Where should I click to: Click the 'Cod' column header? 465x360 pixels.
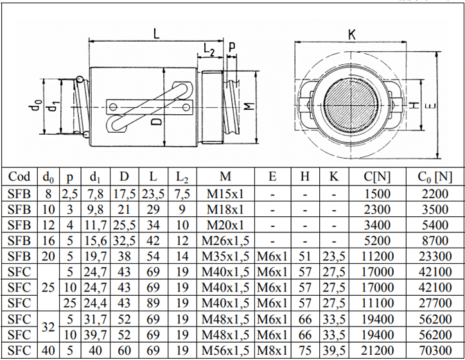point(19,176)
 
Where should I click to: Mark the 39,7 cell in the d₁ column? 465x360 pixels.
point(95,335)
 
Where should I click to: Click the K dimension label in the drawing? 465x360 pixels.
point(352,35)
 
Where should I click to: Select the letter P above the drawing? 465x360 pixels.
point(231,47)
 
